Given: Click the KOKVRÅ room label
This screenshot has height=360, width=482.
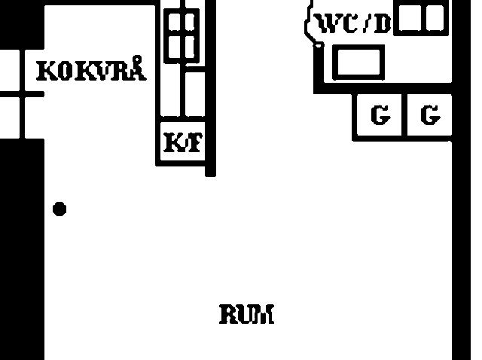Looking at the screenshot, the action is [x=91, y=69].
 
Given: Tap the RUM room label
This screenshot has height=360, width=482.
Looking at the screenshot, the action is [x=246, y=314].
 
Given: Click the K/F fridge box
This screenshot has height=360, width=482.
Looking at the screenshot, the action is [x=183, y=141].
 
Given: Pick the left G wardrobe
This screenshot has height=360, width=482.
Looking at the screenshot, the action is [x=379, y=115].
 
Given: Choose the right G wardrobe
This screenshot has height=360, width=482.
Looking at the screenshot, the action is [x=429, y=115].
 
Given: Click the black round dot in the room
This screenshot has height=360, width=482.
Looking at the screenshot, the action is [x=59, y=209].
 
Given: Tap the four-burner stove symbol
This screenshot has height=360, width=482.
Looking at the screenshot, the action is [x=182, y=36].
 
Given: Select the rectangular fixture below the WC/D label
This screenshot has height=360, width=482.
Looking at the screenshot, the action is [x=358, y=62].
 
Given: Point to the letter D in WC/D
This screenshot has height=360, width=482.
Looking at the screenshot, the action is [x=383, y=23].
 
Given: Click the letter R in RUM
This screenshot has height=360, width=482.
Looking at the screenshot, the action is [x=228, y=314].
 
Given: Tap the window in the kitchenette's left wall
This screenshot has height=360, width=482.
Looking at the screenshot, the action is [x=22, y=94].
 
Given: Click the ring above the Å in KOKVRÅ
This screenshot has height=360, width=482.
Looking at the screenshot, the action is [x=137, y=59].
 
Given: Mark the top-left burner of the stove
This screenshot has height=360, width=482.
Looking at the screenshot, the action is [x=174, y=22].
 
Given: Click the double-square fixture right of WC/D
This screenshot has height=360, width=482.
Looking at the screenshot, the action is [x=421, y=18].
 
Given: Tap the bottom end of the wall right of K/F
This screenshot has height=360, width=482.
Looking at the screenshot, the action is [x=211, y=176].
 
